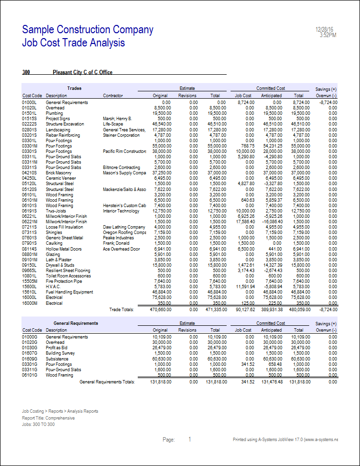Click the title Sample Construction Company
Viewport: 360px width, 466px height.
pyautogui.click(x=88, y=30)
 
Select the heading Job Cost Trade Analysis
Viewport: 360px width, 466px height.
pyautogui.click(x=73, y=43)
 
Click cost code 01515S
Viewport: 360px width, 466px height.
pyautogui.click(x=30, y=119)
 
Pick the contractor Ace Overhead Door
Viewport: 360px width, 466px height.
pyautogui.click(x=121, y=249)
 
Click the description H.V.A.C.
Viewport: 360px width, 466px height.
pyautogui.click(x=54, y=286)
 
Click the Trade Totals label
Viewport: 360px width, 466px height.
pyautogui.click(x=121, y=309)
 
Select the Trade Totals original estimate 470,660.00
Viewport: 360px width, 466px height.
pyautogui.click(x=155, y=309)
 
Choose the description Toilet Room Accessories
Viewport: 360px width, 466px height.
pyautogui.click(x=68, y=275)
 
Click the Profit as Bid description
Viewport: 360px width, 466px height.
pyautogui.click(x=58, y=348)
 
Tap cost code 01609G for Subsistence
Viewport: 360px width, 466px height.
pyautogui.click(x=30, y=359)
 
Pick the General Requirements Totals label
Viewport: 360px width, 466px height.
pyautogui.click(x=107, y=381)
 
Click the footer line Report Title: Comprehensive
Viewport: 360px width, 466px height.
pyautogui.click(x=48, y=418)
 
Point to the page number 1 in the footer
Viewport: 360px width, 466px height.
pyautogui.click(x=190, y=440)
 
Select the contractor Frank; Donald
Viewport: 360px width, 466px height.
pyautogui.click(x=117, y=243)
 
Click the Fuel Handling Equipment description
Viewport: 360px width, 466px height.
pyautogui.click(x=69, y=292)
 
